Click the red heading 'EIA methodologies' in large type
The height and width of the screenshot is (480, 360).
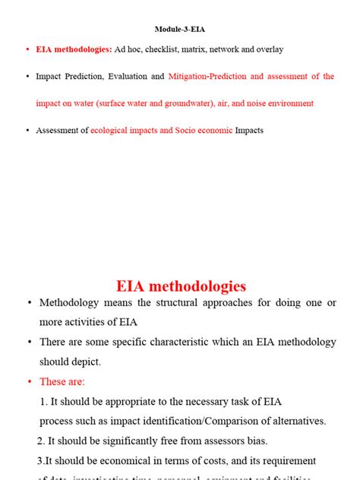(181, 286)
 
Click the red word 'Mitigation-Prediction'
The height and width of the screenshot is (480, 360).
(207, 77)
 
